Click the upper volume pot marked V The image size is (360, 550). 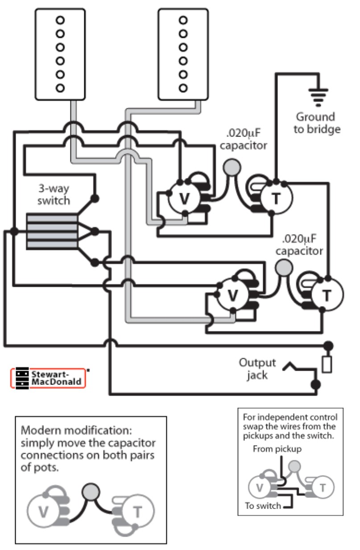[x=184, y=199]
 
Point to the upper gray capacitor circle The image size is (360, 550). [x=231, y=167]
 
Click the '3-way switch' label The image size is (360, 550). [x=54, y=194]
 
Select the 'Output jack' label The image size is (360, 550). [x=257, y=368]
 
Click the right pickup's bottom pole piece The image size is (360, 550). [x=182, y=87]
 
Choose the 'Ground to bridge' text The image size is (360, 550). [x=318, y=123]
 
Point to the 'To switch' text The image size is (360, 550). [x=263, y=505]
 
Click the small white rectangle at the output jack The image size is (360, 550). [x=327, y=364]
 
